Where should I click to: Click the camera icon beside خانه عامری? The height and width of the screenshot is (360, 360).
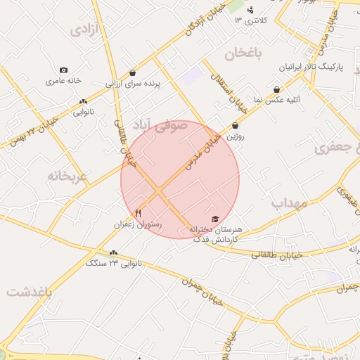click(x=64, y=70)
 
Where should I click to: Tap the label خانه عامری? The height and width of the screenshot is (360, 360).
click(x=65, y=82)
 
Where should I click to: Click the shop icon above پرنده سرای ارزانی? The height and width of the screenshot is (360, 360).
click(x=133, y=72)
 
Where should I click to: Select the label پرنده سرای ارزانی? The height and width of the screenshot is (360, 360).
click(x=134, y=84)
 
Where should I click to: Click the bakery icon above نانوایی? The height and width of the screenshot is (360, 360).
click(x=84, y=102)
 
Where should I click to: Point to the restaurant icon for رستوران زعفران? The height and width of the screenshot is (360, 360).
click(x=138, y=213)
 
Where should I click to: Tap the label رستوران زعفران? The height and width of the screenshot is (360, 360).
click(x=138, y=224)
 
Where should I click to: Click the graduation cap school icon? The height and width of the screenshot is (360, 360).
click(x=215, y=219)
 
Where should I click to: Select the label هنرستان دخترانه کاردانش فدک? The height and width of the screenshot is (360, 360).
click(x=217, y=235)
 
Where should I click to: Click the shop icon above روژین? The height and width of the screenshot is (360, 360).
click(x=235, y=126)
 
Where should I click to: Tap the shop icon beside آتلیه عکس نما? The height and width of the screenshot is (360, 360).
click(x=277, y=89)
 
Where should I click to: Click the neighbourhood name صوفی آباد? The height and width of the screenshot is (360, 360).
click(x=163, y=127)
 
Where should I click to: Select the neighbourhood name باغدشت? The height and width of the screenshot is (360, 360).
click(x=29, y=292)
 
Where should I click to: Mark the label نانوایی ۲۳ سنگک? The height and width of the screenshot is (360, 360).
click(x=114, y=263)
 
